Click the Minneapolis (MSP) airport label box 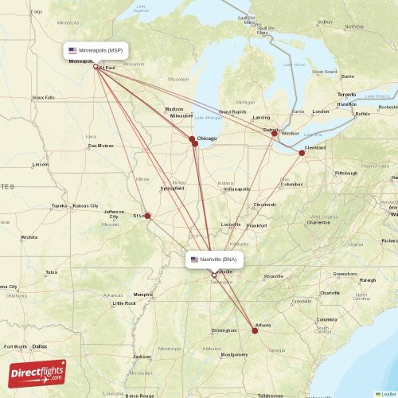coord(96,50)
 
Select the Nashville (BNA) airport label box coord(213,259)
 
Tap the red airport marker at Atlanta coord(255,330)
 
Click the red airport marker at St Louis coord(147,216)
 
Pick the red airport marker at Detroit coord(275,133)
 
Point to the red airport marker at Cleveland coord(302,153)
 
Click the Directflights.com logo coord(37,373)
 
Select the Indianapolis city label coord(236,189)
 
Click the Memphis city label coord(143,294)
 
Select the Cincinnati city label coord(264,205)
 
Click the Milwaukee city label coord(181,115)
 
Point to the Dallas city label coord(40,346)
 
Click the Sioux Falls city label coord(44,97)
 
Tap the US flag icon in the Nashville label coord(194,259)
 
